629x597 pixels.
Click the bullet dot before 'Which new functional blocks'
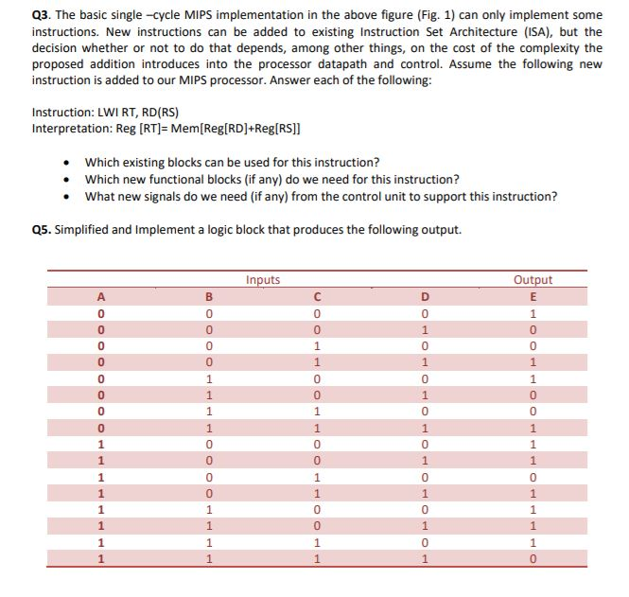point(66,180)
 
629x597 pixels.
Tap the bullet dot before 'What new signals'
point(66,197)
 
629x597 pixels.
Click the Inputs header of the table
point(262,279)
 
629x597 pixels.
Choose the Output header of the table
point(533,279)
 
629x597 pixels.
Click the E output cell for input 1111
point(533,558)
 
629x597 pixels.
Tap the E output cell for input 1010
point(533,476)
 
